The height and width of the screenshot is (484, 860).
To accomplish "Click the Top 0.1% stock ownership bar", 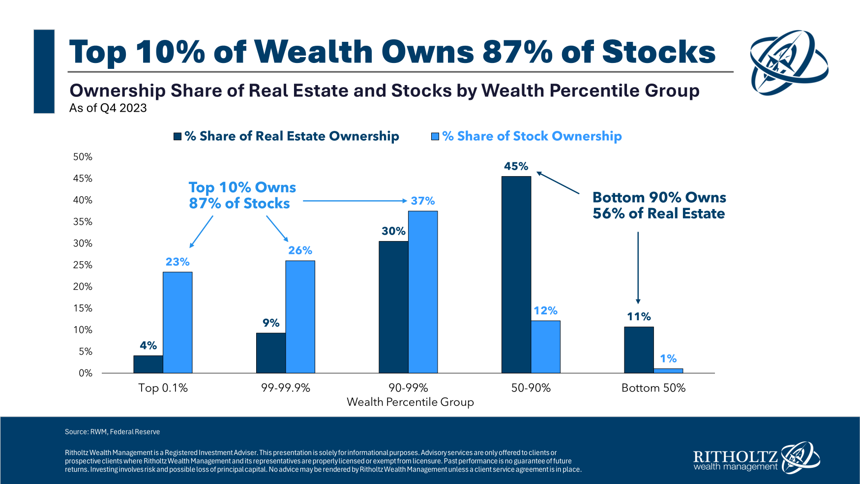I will (178, 322).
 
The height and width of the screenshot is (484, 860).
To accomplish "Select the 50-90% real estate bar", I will (516, 274).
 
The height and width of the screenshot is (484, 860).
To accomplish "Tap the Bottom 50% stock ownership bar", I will (668, 370).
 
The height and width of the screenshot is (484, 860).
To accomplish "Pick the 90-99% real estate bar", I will (393, 307).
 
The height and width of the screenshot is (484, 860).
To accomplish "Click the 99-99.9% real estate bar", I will (271, 353).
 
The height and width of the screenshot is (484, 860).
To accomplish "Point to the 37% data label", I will (423, 201).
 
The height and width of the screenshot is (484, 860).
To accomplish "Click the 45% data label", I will (516, 166).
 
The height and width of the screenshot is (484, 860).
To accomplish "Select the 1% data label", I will (668, 359).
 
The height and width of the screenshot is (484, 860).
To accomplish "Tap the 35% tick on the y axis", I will (83, 222).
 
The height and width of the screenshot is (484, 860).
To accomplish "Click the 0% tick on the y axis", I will (86, 373).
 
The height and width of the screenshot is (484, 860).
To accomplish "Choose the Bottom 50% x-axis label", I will (653, 388).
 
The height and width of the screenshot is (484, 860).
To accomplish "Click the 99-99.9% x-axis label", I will (285, 388).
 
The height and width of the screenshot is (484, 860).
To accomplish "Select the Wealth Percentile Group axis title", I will (410, 402).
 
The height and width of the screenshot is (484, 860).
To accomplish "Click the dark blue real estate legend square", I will (178, 136).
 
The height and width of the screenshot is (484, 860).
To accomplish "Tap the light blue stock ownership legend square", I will (435, 136).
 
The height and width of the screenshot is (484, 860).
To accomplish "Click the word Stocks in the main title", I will (658, 52).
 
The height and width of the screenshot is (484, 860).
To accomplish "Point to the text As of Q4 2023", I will (108, 108).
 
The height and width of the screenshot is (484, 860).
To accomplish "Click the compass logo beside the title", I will (789, 62).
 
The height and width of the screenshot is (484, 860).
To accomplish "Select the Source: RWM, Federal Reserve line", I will (112, 432).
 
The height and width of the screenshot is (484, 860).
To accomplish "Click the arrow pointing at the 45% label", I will (558, 183).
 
